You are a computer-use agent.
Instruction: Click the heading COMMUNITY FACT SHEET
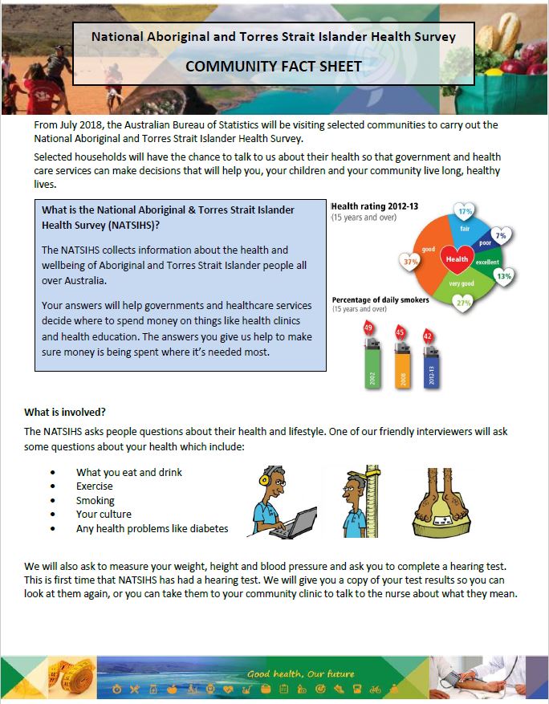pos(274,66)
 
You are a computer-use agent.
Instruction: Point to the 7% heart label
pos(501,237)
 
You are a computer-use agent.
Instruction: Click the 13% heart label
pos(504,275)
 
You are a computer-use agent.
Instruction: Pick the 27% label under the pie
pos(463,303)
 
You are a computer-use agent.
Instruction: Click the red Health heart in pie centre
pos(457,259)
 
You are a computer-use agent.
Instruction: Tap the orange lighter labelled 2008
pos(401,365)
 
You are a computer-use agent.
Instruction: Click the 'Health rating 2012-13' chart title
pos(375,207)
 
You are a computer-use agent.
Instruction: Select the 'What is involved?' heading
pos(65,412)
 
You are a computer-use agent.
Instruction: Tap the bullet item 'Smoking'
pos(96,500)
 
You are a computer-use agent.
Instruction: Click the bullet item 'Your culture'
pos(104,515)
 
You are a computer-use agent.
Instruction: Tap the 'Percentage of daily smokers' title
pos(380,300)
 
